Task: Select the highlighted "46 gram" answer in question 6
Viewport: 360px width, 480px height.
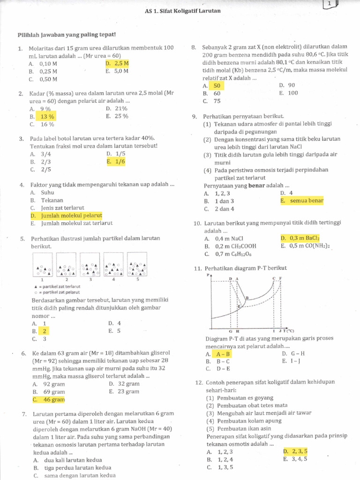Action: point(53,399)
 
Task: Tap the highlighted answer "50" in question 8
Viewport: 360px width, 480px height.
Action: point(216,85)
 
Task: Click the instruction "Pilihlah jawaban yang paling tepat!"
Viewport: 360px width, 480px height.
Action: point(66,35)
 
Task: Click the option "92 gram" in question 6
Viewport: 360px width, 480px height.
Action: point(53,384)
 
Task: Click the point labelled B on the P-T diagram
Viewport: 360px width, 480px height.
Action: point(247,297)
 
